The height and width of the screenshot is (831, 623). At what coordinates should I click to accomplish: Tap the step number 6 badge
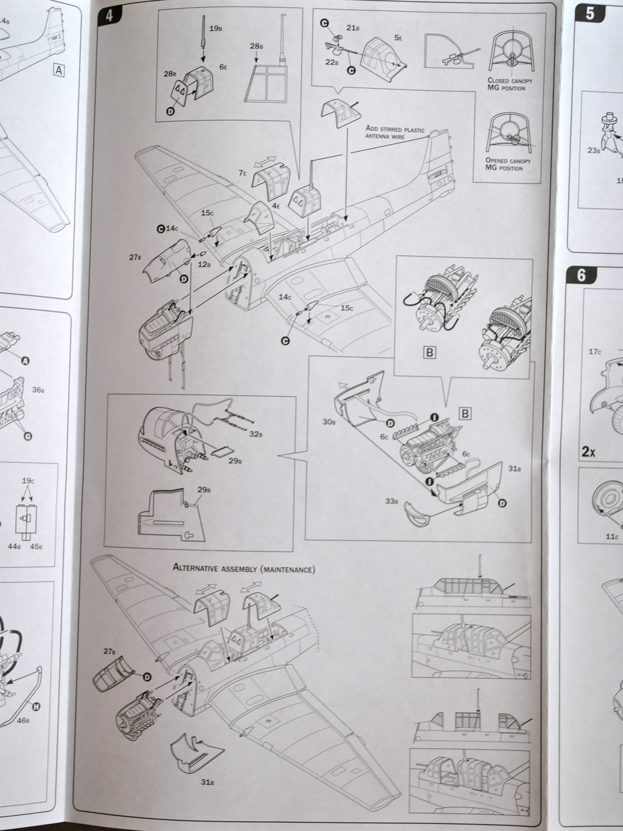coord(581,275)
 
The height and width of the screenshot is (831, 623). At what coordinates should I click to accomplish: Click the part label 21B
coord(352,28)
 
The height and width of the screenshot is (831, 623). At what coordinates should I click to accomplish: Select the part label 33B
coord(392,502)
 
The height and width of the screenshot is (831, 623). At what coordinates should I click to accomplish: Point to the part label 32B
coord(255,435)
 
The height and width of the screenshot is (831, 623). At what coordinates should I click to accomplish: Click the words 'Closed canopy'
coord(510,80)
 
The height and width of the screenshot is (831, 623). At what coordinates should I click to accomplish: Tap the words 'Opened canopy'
coord(510,160)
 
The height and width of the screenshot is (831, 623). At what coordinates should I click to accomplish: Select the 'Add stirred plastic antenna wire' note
coord(404,133)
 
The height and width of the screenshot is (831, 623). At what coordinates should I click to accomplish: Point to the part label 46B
coord(23,720)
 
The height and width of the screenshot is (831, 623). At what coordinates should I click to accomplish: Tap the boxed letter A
coord(58,69)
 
